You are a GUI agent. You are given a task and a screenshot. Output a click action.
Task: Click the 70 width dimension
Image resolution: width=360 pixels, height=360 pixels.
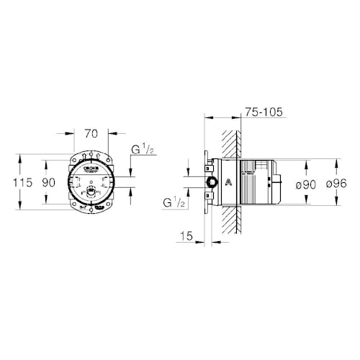91,133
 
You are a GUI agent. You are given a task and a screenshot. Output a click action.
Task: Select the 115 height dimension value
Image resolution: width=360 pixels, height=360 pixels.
22,183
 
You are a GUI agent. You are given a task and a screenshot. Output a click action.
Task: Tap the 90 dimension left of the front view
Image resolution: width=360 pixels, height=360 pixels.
49,183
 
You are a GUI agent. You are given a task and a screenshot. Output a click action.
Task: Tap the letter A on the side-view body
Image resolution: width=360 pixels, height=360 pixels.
228,182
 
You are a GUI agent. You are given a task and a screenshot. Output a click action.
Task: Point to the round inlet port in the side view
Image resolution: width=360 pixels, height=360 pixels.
210,182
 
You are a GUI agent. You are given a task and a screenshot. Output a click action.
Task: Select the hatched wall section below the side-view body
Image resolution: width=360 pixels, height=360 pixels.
230,220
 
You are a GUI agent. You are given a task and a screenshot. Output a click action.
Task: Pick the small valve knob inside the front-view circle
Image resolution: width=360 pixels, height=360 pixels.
91,192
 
